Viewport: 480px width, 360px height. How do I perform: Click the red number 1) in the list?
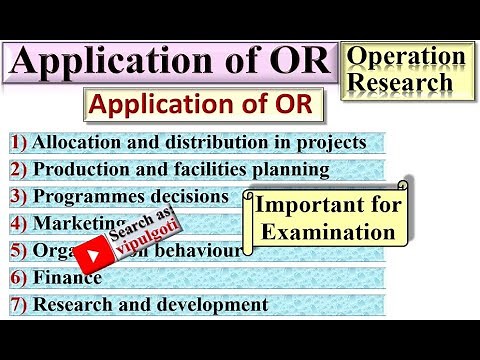19,142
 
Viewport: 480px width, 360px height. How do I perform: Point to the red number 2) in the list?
19,169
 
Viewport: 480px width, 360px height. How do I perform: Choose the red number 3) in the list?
19,196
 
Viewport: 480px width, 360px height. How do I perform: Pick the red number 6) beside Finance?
19,277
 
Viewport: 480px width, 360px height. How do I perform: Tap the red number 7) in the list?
19,304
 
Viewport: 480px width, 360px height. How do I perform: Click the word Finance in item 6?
61,277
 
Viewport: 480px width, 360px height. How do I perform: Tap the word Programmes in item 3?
86,196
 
